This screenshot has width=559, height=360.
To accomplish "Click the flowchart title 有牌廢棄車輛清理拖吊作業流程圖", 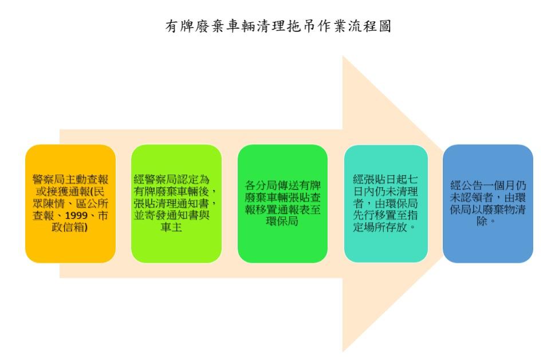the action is tap(278, 26).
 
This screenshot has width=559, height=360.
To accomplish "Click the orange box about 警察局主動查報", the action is tap(70, 204).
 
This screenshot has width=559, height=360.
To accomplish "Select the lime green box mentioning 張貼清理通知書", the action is tap(176, 204).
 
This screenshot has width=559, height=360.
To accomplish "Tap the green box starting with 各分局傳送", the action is tap(282, 204).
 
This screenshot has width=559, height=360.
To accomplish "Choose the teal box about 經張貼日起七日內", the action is tap(385, 204).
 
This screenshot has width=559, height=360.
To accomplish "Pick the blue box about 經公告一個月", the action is tap(488, 204).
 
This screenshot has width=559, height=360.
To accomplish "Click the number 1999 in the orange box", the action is tap(76, 215).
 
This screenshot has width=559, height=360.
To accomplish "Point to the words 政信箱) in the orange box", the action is tap(70, 227).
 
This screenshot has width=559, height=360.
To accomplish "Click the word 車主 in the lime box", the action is tap(171, 227).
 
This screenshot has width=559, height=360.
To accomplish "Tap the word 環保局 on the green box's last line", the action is tap(282, 221).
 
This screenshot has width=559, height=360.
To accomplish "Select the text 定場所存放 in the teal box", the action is tap(380, 227).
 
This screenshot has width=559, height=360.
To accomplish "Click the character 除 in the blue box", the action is tap(482, 221).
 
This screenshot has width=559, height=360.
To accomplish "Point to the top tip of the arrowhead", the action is tap(343, 56).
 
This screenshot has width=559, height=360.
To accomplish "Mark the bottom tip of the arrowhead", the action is tap(343, 352).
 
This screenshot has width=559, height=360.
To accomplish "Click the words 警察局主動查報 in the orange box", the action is tap(70, 180).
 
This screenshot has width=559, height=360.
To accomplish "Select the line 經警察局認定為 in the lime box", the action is tap(171, 180).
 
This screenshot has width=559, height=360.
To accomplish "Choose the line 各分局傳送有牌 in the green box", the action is tap(282, 185).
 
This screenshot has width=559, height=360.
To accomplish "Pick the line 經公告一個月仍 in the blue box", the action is tap(488, 185).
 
